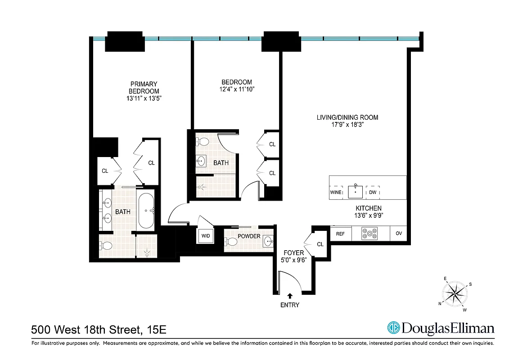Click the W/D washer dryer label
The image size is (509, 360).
click(x=205, y=236)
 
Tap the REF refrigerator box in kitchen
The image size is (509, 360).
click(x=340, y=234)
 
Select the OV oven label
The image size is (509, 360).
click(x=399, y=234)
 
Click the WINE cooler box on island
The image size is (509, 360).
click(x=336, y=193)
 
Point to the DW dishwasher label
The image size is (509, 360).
click(x=373, y=193)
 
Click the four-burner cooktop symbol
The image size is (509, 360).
click(x=369, y=234)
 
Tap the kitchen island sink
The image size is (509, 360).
click(x=356, y=191)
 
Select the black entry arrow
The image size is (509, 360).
click(x=290, y=296)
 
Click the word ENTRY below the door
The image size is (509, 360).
click(x=290, y=305)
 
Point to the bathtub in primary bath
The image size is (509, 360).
click(x=146, y=211)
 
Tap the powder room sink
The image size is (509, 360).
click(x=268, y=241)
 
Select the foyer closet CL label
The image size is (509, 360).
click(x=320, y=244)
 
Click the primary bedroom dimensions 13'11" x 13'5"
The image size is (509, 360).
click(x=144, y=99)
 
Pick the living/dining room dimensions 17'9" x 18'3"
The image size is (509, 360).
click(x=347, y=125)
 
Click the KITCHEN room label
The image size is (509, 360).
click(x=369, y=208)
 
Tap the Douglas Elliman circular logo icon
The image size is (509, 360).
click(x=394, y=328)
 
